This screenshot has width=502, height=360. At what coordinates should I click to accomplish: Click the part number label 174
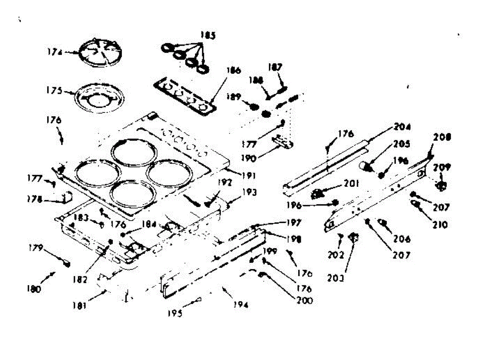[x=54, y=53]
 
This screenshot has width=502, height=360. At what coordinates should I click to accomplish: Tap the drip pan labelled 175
[x=96, y=97]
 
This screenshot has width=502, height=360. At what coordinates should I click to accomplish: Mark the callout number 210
[x=440, y=225]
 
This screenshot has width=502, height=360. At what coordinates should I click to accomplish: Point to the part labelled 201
[x=319, y=193]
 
